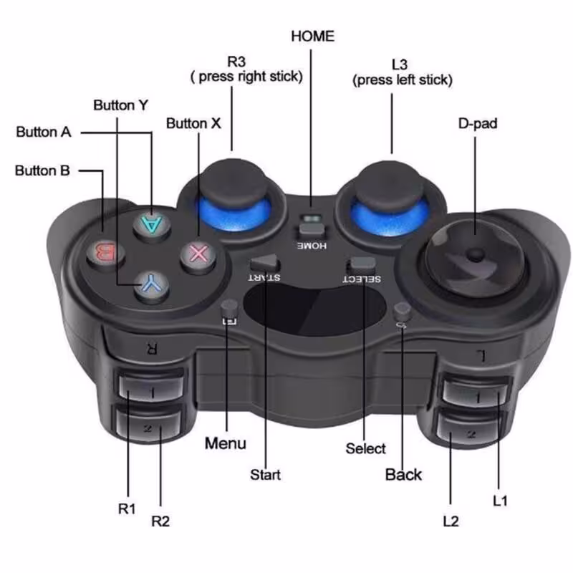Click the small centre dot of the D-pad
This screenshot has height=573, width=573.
point(475,255)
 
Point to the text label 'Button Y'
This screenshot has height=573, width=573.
point(120,105)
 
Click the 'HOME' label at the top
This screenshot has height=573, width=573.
point(312,36)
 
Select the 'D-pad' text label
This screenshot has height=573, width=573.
point(477,123)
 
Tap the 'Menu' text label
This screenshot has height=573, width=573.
point(225,443)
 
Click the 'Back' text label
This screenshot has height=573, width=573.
point(403,474)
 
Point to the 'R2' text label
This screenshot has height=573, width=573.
point(160,521)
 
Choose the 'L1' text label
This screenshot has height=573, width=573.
point(500,501)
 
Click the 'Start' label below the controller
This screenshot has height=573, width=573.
point(265,474)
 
